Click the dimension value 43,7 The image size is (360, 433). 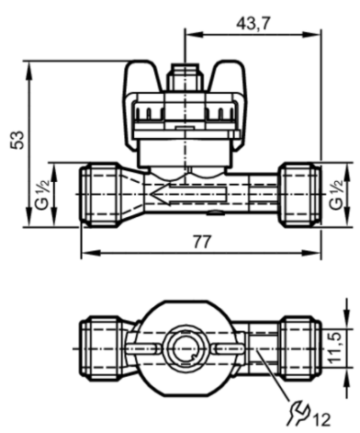pyautogui.click(x=253, y=23)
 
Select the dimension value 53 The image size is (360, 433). pyautogui.click(x=17, y=140)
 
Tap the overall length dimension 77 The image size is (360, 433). pyautogui.click(x=202, y=242)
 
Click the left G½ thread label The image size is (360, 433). pyautogui.click(x=42, y=195)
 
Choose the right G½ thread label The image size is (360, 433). pyautogui.click(x=336, y=195)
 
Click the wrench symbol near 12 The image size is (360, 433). pyautogui.click(x=298, y=414)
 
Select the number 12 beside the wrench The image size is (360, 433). pyautogui.click(x=321, y=419)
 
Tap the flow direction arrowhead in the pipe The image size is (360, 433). pyautogui.click(x=158, y=194)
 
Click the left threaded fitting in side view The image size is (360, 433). pyautogui.click(x=100, y=195)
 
